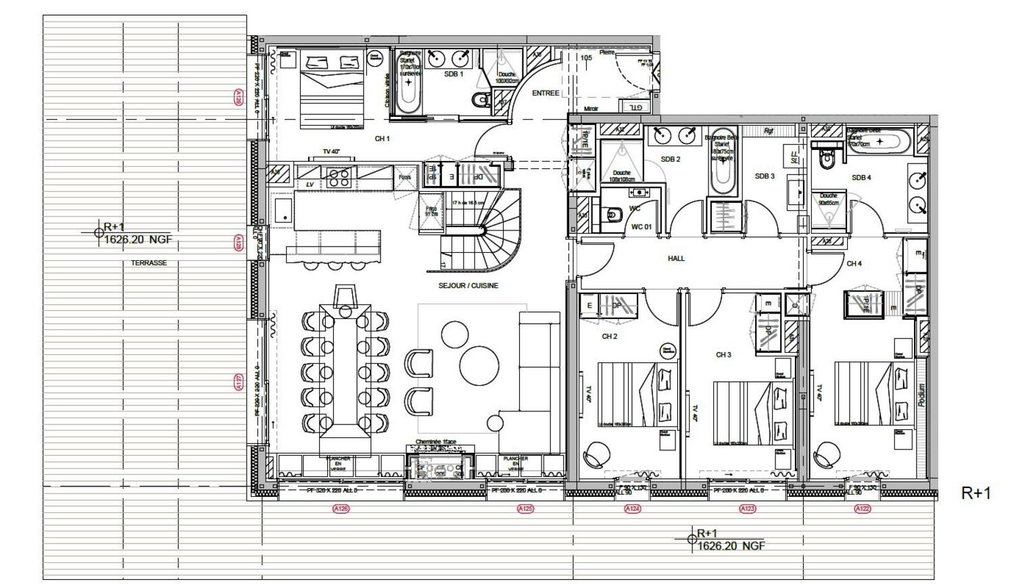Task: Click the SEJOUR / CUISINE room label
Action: [x=468, y=286]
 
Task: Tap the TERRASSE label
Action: [x=149, y=263]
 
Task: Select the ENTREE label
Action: [x=546, y=93]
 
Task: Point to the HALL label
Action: [x=676, y=258]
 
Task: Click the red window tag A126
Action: [x=341, y=508]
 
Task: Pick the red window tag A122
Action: [x=862, y=508]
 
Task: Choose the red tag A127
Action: [x=238, y=383]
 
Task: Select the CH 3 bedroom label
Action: [x=723, y=355]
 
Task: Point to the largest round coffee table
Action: [x=479, y=366]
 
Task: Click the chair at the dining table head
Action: [x=345, y=295]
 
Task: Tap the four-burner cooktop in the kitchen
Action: [x=338, y=177]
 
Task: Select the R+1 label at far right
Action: [x=975, y=493]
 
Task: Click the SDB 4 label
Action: [x=861, y=178]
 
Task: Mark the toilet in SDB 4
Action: [x=826, y=160]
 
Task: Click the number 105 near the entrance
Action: [x=586, y=58]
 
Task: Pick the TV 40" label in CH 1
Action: [x=331, y=152]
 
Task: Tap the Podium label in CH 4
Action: [x=921, y=395]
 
